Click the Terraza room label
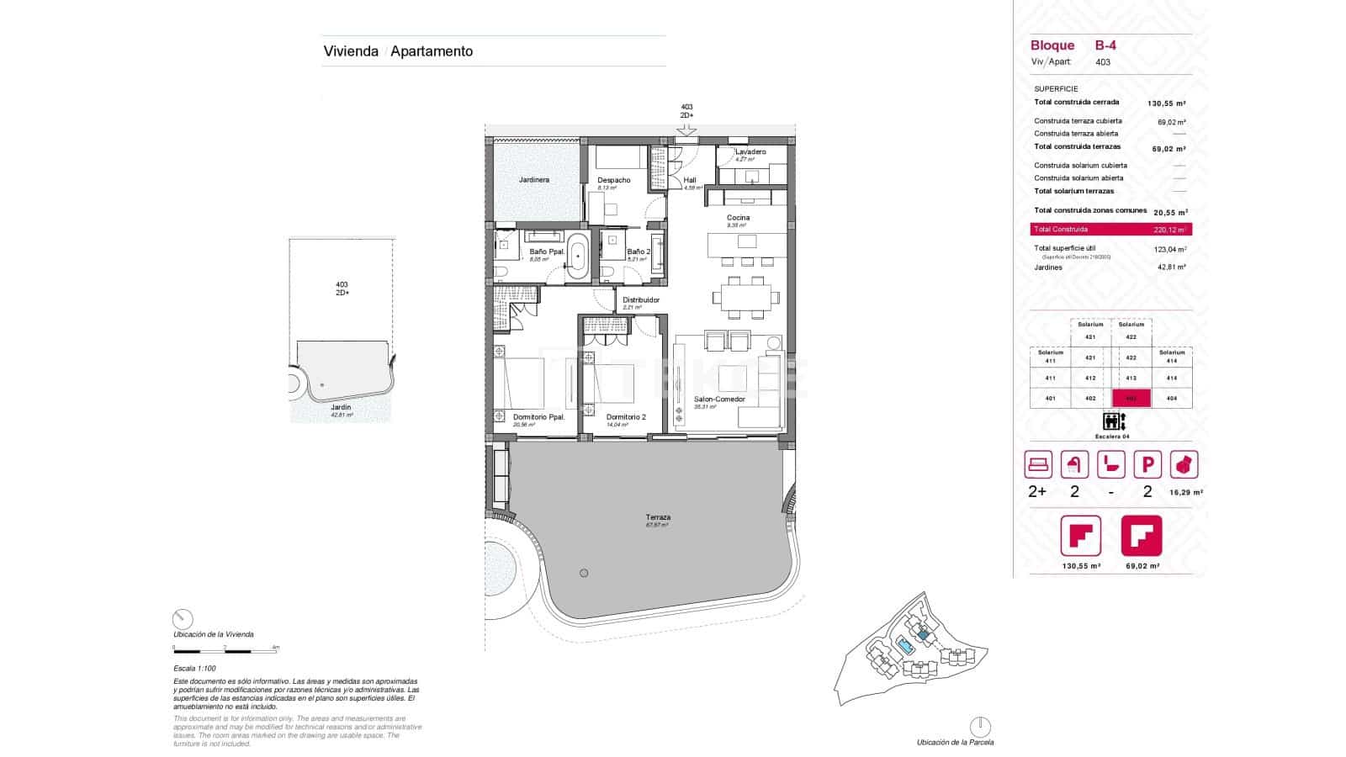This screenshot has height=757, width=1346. click(x=658, y=517)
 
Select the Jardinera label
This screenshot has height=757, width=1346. click(x=534, y=180)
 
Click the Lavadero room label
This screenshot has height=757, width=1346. click(x=750, y=152)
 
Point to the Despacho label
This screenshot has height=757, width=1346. click(x=614, y=180)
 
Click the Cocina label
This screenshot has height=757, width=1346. click(x=739, y=218)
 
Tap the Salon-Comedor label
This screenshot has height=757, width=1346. click(x=719, y=400)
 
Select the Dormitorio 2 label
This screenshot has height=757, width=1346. click(x=626, y=417)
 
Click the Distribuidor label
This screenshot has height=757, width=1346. click(x=641, y=300)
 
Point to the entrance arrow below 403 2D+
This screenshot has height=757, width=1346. click(x=686, y=130)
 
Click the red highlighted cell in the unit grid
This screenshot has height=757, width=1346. click(x=1131, y=399)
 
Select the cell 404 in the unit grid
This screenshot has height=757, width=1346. click(x=1172, y=399)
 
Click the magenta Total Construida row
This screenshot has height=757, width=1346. click(x=1110, y=229)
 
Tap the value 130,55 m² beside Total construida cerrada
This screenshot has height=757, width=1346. click(x=1167, y=103)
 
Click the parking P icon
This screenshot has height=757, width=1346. click(x=1147, y=464)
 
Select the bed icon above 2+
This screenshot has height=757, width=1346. click(x=1038, y=464)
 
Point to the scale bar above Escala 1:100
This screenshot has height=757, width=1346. click(x=225, y=649)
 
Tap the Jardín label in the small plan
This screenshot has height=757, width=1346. click(x=341, y=407)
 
